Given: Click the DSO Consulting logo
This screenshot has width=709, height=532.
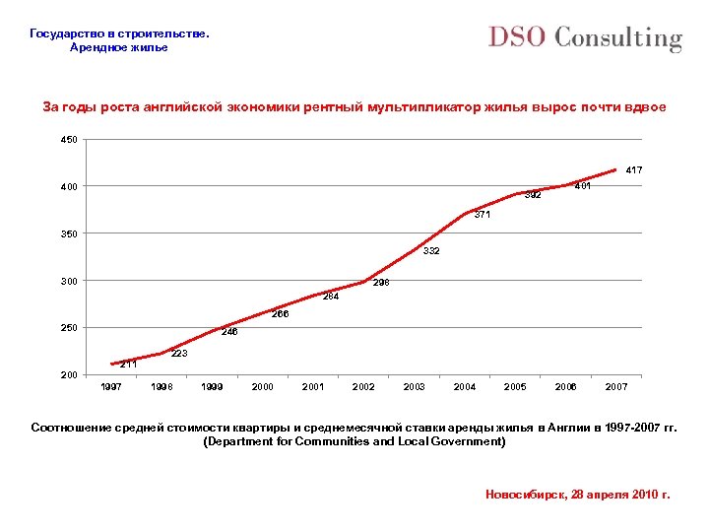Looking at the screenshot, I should [585, 38].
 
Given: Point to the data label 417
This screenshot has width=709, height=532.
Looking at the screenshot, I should [634, 170].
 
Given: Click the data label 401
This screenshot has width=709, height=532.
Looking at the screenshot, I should [582, 185].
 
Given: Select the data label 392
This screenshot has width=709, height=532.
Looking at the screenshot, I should [533, 194].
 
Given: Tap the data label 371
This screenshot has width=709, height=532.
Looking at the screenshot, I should [482, 215].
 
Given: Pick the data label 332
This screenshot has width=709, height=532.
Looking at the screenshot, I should [431, 251].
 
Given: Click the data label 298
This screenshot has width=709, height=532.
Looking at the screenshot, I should [381, 283].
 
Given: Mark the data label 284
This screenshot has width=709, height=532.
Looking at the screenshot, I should [331, 296].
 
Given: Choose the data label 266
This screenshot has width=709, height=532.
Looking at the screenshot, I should [281, 314].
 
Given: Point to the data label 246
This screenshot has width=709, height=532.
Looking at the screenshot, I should [229, 332].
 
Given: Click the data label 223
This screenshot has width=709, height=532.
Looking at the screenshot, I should [179, 353].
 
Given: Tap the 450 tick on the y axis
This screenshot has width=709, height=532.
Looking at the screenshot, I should [69, 140].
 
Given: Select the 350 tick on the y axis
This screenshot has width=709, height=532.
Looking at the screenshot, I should [69, 233].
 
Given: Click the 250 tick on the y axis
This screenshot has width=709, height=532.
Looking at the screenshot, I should [69, 327].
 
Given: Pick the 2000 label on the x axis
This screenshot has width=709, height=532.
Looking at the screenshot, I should [263, 387].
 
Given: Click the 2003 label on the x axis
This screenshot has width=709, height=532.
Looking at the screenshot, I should [415, 387].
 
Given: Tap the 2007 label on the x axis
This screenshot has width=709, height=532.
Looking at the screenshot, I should [616, 387].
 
